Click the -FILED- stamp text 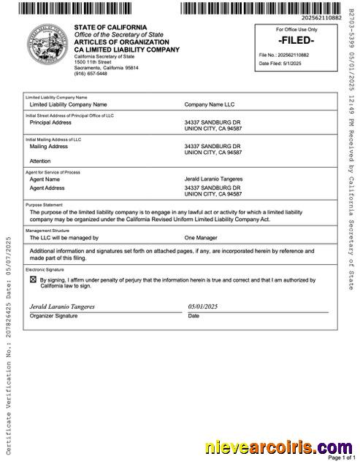[x=296, y=41]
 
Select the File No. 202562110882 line [x=283, y=55]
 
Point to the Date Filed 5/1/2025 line [x=279, y=63]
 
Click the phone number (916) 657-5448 [x=91, y=74]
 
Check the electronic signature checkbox [x=33, y=279]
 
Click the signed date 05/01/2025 [x=202, y=307]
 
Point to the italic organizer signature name [x=62, y=307]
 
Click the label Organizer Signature [x=53, y=316]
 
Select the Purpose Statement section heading [x=44, y=205]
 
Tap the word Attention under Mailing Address [x=40, y=161]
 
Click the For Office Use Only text [x=296, y=30]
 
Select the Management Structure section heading [x=49, y=231]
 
